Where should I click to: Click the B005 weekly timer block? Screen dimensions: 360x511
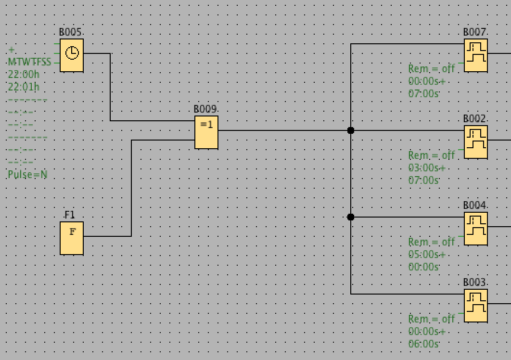72,55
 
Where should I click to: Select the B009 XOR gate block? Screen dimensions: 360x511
206,132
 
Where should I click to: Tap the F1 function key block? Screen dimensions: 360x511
72,238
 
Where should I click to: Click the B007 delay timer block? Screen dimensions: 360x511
475,55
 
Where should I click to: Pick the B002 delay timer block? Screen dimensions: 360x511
475,142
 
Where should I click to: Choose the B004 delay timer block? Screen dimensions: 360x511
475,229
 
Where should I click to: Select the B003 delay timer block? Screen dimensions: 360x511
475,306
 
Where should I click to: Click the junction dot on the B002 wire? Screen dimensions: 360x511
351,130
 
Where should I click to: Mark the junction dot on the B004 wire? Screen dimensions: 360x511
351,217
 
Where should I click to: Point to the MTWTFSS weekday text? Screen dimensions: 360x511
29,62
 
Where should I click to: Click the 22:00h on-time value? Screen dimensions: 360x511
24,75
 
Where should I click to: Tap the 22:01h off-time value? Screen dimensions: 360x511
24,87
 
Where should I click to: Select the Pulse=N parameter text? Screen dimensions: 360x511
27,175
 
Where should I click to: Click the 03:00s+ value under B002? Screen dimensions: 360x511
427,168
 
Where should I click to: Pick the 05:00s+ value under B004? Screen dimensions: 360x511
427,255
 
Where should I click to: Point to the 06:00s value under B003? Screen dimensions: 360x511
423,344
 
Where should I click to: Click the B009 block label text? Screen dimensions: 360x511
205,110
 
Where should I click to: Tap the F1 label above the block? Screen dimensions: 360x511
70,215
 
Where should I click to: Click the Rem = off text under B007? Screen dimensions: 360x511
432,69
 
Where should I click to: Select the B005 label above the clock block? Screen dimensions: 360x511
71,33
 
